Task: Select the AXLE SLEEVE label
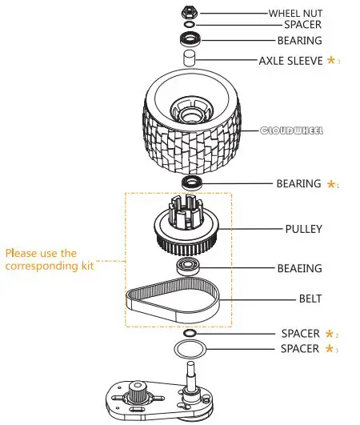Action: [290, 60]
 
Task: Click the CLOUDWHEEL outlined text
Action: [292, 130]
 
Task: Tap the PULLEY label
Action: [303, 229]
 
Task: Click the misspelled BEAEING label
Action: [299, 269]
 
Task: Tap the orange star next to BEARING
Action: [332, 184]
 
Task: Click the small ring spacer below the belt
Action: [190, 332]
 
